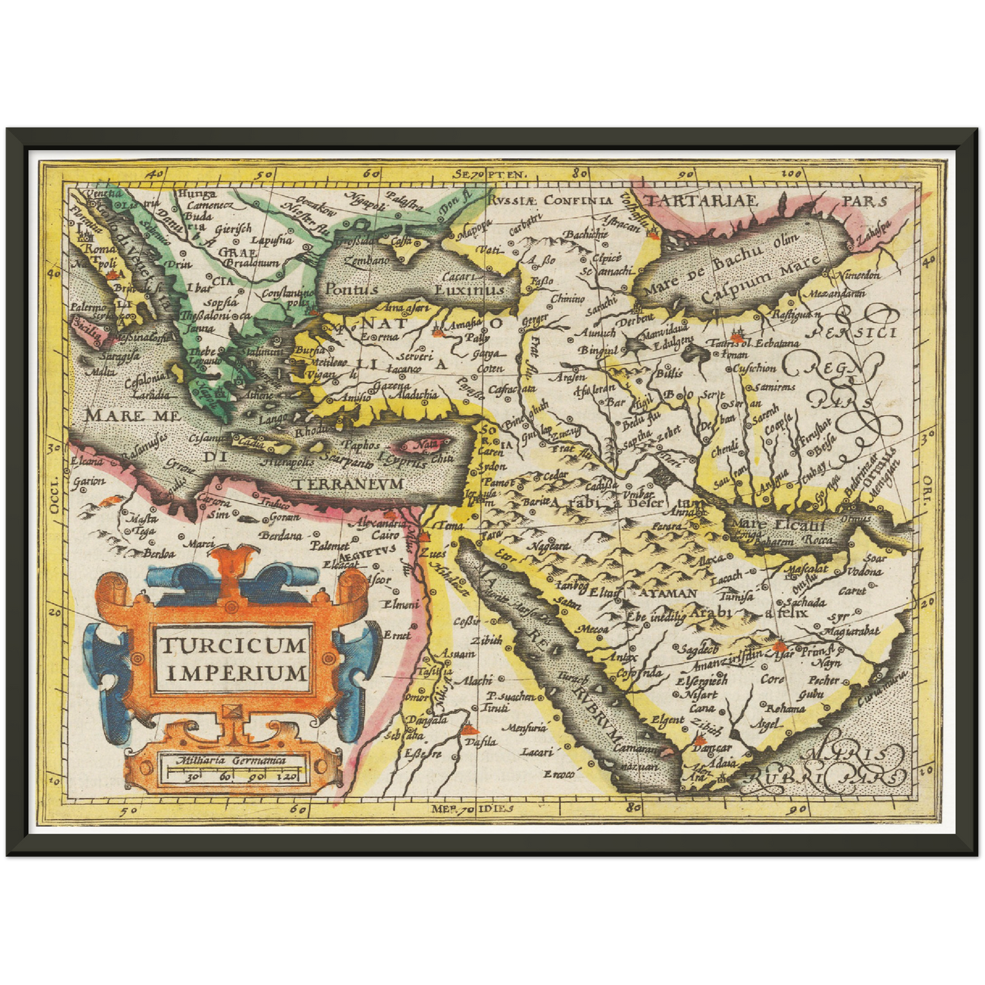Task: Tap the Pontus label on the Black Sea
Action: (351, 289)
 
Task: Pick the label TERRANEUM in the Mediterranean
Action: (349, 483)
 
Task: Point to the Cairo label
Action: (385, 536)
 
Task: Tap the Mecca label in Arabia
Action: (592, 628)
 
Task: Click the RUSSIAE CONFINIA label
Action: (549, 200)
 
